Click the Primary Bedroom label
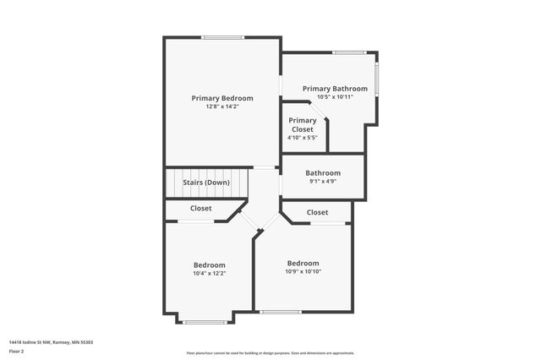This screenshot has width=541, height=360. (222, 98)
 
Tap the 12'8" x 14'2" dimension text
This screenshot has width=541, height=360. (222, 106)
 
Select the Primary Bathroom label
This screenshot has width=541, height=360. (335, 89)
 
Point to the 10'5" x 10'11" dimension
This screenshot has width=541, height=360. (335, 96)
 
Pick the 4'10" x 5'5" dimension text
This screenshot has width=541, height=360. (303, 138)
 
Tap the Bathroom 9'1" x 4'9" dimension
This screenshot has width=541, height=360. (323, 181)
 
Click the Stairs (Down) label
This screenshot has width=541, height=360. (206, 183)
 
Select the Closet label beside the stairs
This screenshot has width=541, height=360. (201, 208)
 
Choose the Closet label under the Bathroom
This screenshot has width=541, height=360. (318, 212)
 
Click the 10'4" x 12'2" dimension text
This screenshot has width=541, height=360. (210, 273)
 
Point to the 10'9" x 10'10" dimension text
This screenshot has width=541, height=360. (303, 270)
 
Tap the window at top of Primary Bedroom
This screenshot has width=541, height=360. (222, 37)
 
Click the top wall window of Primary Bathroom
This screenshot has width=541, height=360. (348, 53)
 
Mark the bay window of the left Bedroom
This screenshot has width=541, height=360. (205, 322)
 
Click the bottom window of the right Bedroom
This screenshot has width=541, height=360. (280, 312)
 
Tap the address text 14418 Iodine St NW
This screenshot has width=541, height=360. (51, 342)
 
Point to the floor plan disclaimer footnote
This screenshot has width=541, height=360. (270, 353)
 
